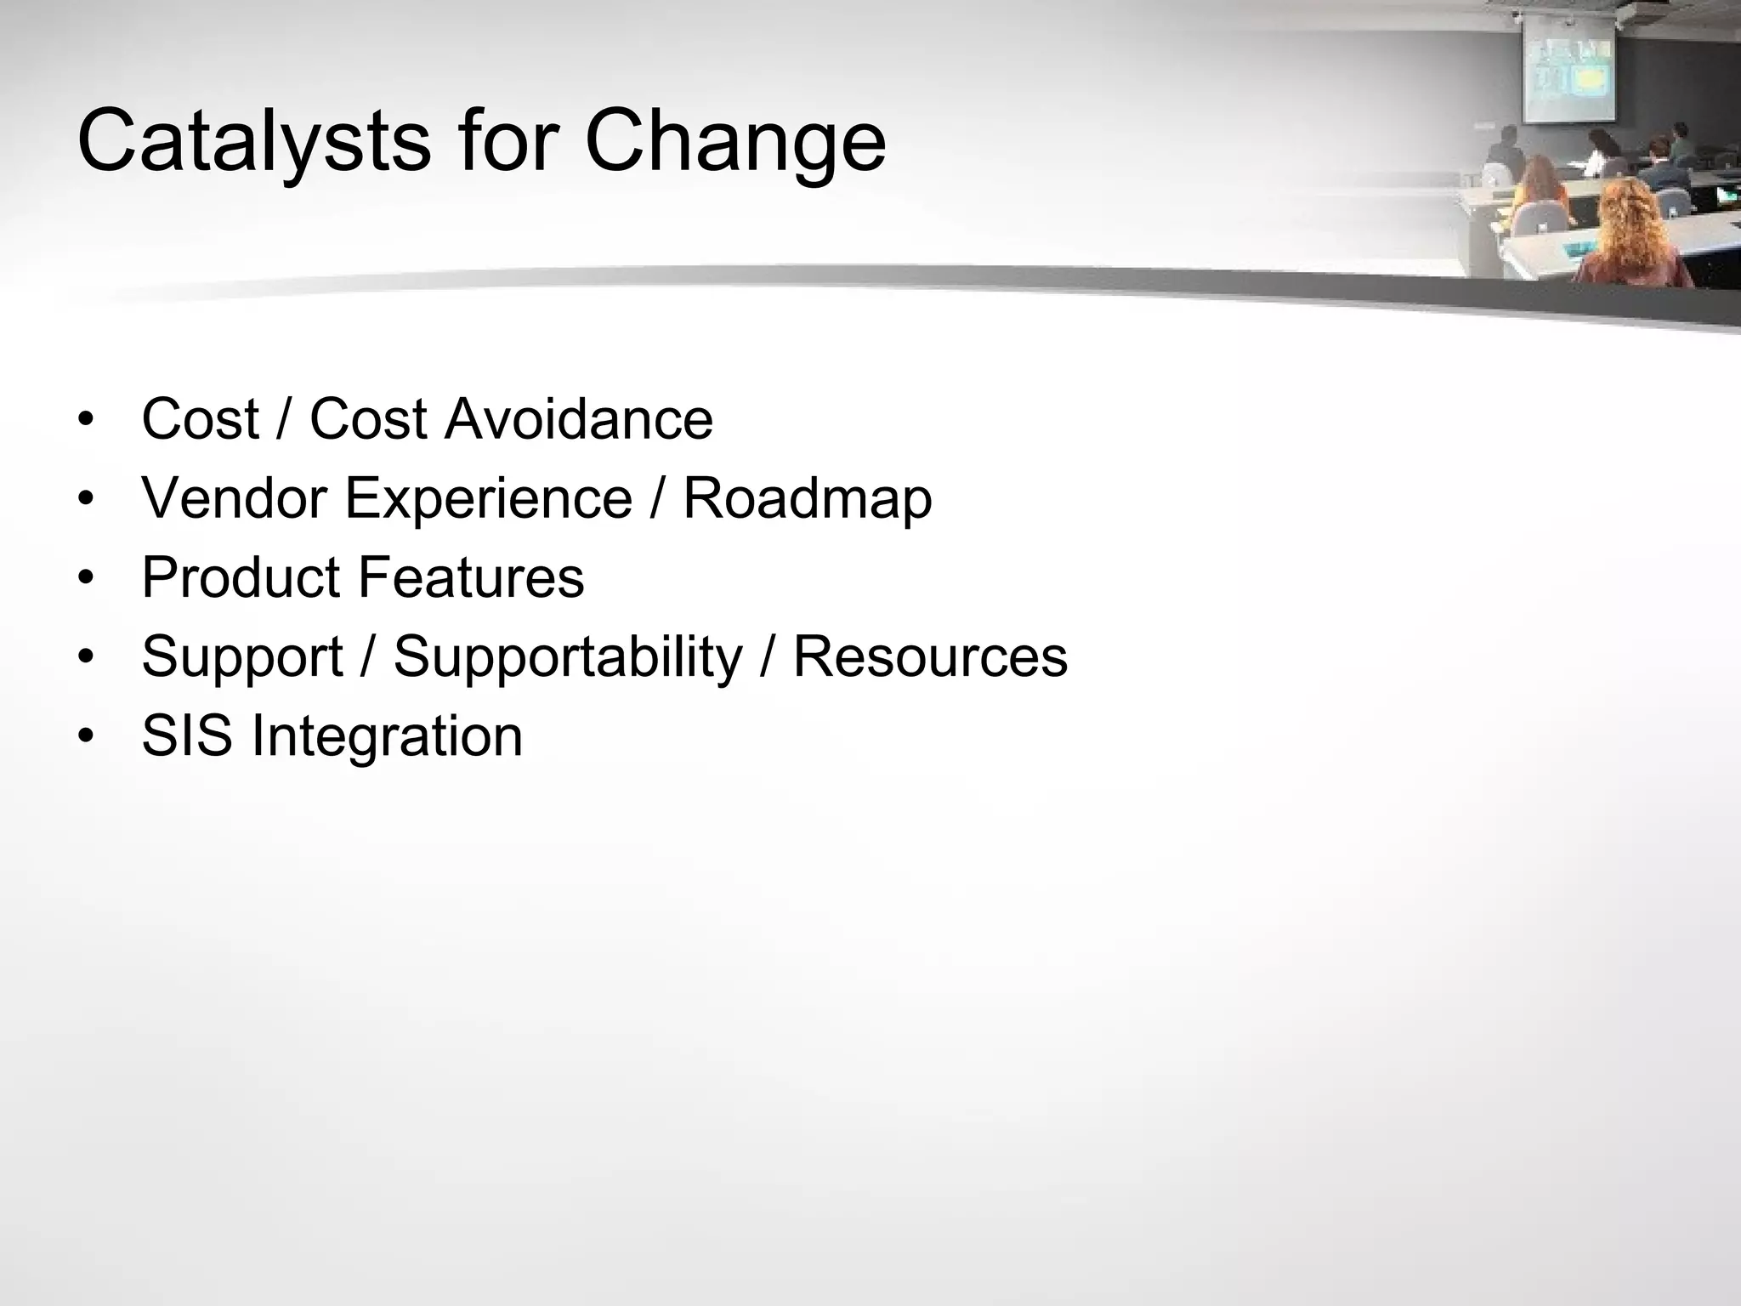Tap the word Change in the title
pyautogui.click(x=735, y=141)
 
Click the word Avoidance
pyautogui.click(x=579, y=419)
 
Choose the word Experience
pyautogui.click(x=488, y=498)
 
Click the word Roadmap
pyautogui.click(x=807, y=498)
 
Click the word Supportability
pyautogui.click(x=568, y=657)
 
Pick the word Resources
pyautogui.click(x=930, y=657)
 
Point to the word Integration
pyautogui.click(x=387, y=736)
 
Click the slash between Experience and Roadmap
pyautogui.click(x=657, y=498)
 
